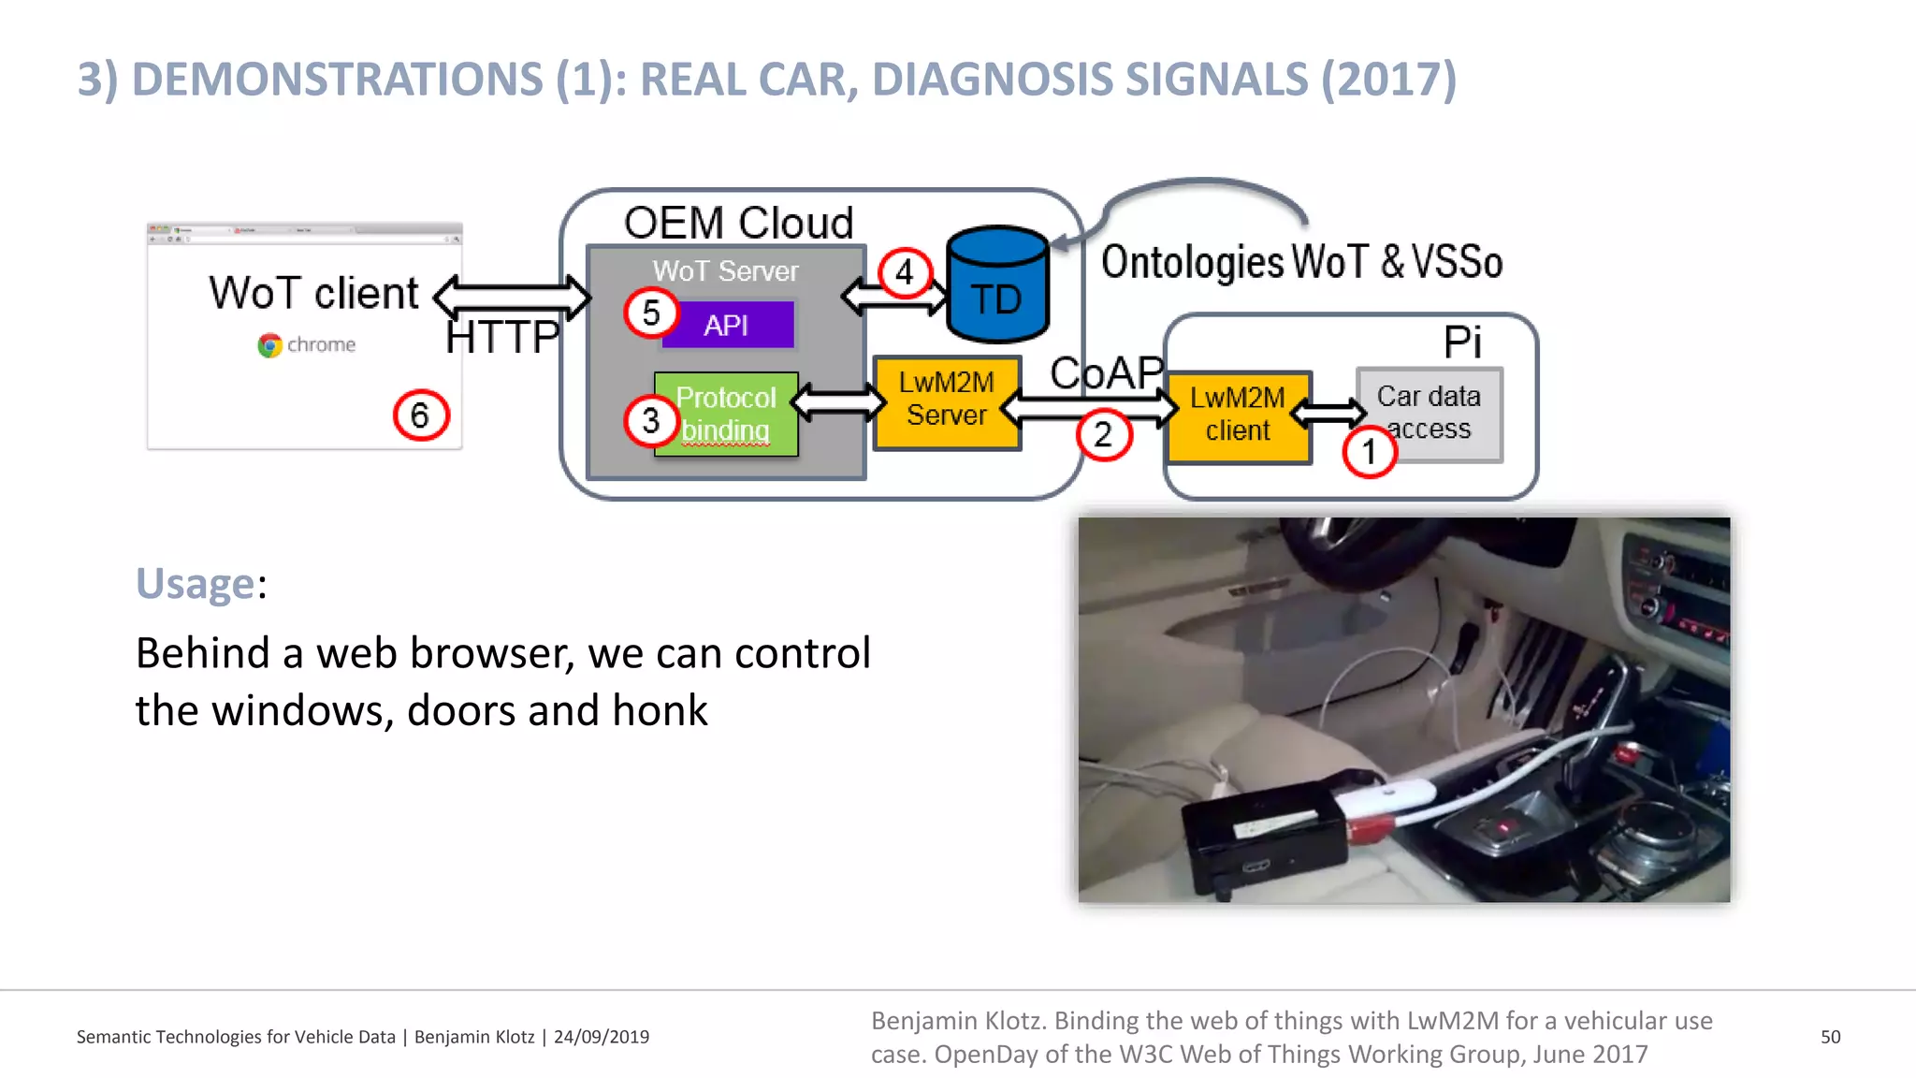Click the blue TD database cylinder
click(x=997, y=285)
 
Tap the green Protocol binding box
click(x=726, y=415)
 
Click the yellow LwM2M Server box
click(x=946, y=401)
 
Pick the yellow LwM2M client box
click(x=1238, y=415)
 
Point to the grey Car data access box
click(x=1429, y=414)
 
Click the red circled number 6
click(x=421, y=415)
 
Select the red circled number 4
click(x=905, y=272)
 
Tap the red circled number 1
click(x=1370, y=452)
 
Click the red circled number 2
click(x=1104, y=434)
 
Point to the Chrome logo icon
click(x=269, y=345)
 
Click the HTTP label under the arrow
click(x=501, y=338)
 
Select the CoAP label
click(x=1107, y=372)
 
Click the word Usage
click(x=195, y=584)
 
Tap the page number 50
click(x=1830, y=1037)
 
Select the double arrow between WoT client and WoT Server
click(x=512, y=298)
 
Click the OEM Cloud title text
click(x=738, y=223)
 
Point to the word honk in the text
click(x=660, y=710)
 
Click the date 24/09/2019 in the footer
click(x=601, y=1037)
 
